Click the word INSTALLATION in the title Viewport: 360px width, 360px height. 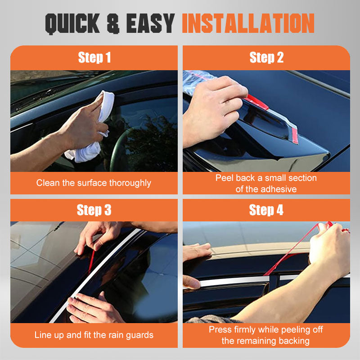pos(248,23)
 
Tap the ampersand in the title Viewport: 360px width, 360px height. pos(113,23)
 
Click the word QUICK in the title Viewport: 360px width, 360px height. pos(72,23)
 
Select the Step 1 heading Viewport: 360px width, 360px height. pos(94,58)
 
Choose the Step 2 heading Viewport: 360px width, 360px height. pos(266,58)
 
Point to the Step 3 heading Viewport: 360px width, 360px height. pos(94,210)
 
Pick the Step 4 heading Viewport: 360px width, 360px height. pos(266,210)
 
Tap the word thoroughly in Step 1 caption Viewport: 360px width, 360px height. pos(130,183)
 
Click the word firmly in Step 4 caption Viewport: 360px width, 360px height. pos(245,330)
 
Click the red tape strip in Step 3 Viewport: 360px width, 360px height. pos(91,262)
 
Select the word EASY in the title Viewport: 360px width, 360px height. pos(150,23)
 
